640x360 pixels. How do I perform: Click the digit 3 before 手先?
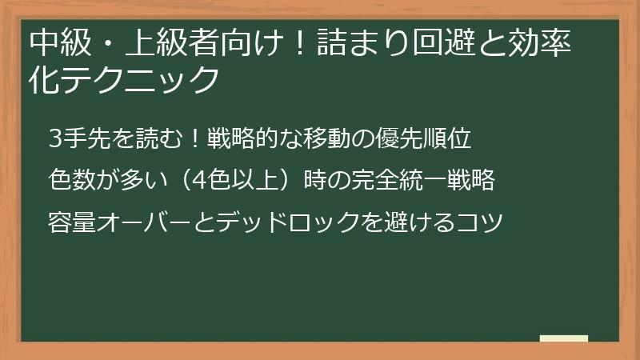pyautogui.click(x=55, y=139)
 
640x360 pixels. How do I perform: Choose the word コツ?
pyautogui.click(x=478, y=218)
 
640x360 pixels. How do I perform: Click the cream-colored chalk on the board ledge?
pyautogui.click(x=563, y=338)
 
